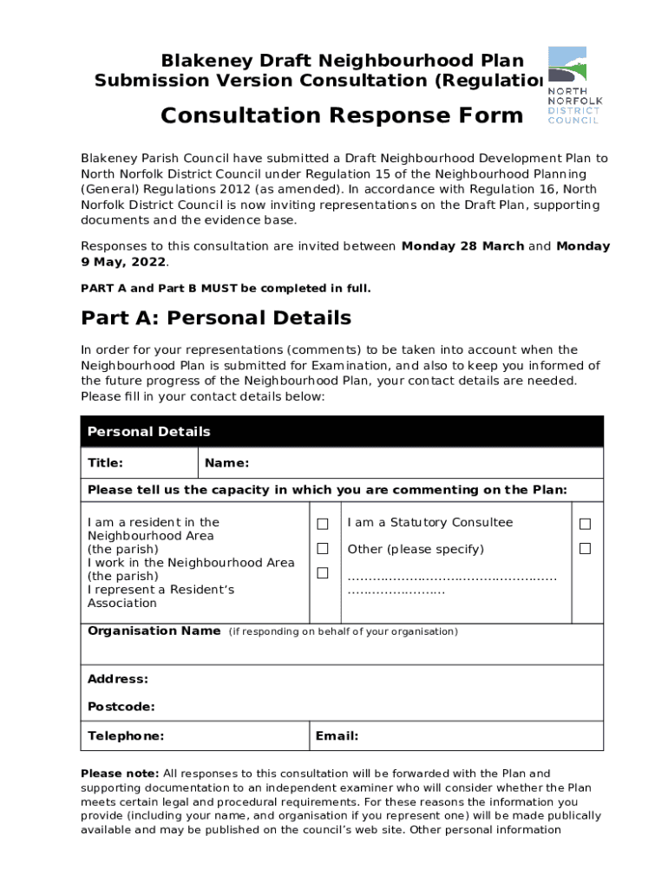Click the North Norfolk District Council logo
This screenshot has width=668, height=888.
[574, 85]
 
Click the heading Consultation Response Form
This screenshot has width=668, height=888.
[342, 115]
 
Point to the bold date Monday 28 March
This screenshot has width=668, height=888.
[462, 246]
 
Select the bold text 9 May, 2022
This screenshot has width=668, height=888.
[124, 262]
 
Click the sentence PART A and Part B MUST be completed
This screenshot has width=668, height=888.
[226, 288]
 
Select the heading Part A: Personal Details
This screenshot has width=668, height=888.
[216, 317]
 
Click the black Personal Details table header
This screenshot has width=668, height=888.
[342, 431]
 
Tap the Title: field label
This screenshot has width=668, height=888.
[105, 463]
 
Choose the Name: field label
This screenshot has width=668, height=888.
[226, 463]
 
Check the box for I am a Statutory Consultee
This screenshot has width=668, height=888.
[585, 524]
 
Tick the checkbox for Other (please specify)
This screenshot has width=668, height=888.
[585, 549]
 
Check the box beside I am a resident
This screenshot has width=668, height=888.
[323, 524]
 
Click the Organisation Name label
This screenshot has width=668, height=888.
[154, 631]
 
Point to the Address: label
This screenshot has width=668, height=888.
[117, 679]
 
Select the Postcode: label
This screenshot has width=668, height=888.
[121, 707]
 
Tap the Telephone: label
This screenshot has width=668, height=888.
[126, 736]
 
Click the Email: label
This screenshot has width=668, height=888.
[337, 736]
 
